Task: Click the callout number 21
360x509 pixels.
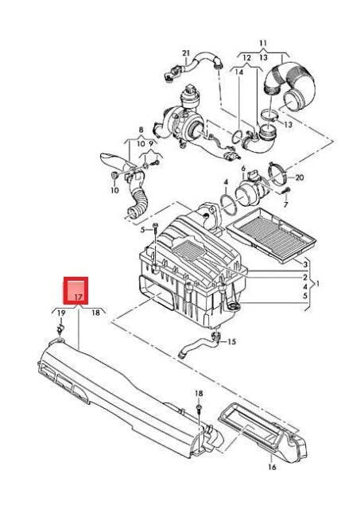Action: (x=187, y=54)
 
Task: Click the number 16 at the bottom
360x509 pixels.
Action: (x=272, y=468)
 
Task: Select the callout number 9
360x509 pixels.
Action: (x=152, y=144)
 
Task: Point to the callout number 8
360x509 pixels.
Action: (x=141, y=129)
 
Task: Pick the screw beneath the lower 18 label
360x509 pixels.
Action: (x=199, y=409)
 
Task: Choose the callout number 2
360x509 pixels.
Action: (x=304, y=276)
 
